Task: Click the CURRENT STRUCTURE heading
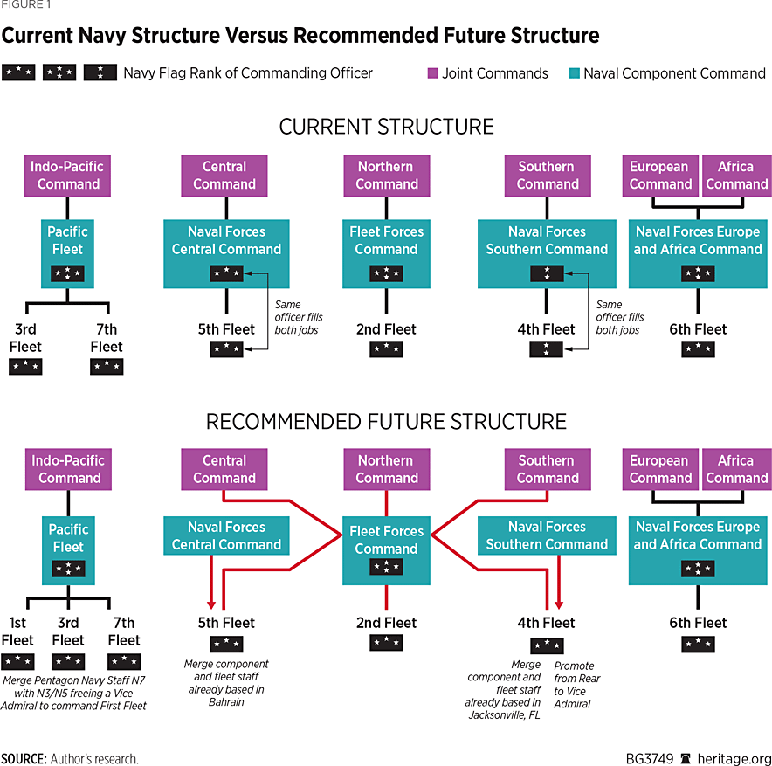(386, 126)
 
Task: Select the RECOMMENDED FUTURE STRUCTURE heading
(386, 422)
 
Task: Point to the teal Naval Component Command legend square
(574, 73)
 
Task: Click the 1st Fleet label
(17, 631)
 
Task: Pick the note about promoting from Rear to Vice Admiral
(577, 684)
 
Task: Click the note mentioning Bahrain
(224, 683)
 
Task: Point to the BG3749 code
(650, 758)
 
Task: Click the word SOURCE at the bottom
(24, 758)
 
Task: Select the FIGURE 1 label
(26, 5)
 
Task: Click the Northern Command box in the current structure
(387, 175)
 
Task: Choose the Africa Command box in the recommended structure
(736, 469)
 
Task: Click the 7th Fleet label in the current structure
(107, 338)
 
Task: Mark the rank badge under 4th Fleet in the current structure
(546, 349)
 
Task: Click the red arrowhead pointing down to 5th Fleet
(210, 604)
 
